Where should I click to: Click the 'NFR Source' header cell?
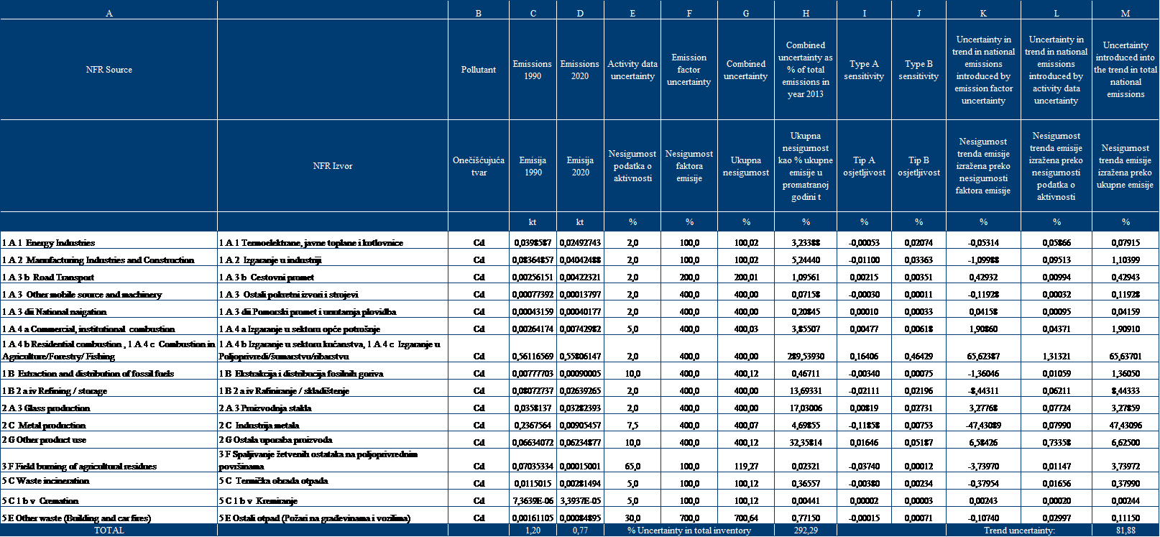tap(109, 70)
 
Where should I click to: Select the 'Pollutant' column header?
tap(479, 70)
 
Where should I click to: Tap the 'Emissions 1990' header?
tap(533, 70)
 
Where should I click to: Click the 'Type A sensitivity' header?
tap(864, 70)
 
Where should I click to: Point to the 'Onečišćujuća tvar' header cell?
tap(479, 166)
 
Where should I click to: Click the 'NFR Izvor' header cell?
tap(333, 166)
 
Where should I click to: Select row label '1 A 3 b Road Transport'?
tap(48, 277)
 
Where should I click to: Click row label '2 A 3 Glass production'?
tap(46, 408)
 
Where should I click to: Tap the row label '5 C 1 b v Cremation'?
tap(40, 501)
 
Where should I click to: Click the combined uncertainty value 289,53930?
tap(806, 357)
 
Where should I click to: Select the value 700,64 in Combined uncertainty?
tap(746, 518)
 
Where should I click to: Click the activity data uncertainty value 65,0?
tap(632, 467)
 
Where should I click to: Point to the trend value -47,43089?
tap(983, 426)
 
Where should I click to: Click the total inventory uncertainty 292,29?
tap(806, 531)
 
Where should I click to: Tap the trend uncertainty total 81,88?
tap(1126, 531)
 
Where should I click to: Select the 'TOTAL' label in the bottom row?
tap(109, 531)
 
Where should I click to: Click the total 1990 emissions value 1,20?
tap(533, 531)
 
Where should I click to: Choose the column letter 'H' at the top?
tap(806, 14)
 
